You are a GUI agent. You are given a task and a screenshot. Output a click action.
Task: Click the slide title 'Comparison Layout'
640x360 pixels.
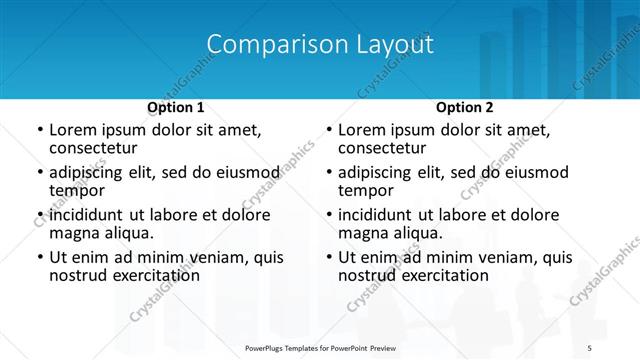[x=320, y=45]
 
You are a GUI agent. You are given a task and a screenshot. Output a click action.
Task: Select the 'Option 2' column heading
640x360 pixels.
[x=464, y=107]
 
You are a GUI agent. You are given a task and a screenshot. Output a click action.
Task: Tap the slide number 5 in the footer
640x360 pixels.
[x=589, y=347]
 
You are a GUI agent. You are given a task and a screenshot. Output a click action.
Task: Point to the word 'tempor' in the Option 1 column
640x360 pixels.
[x=77, y=190]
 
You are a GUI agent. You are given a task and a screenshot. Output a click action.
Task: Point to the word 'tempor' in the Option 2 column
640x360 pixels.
[x=366, y=190]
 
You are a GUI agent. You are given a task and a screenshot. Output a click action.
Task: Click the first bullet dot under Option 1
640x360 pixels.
[x=39, y=130]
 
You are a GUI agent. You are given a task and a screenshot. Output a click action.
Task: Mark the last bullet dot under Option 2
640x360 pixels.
[x=328, y=258]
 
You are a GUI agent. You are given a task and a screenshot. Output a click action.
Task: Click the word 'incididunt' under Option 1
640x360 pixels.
[x=87, y=215]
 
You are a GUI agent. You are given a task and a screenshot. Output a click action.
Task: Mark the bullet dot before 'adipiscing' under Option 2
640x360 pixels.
[x=328, y=173]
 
